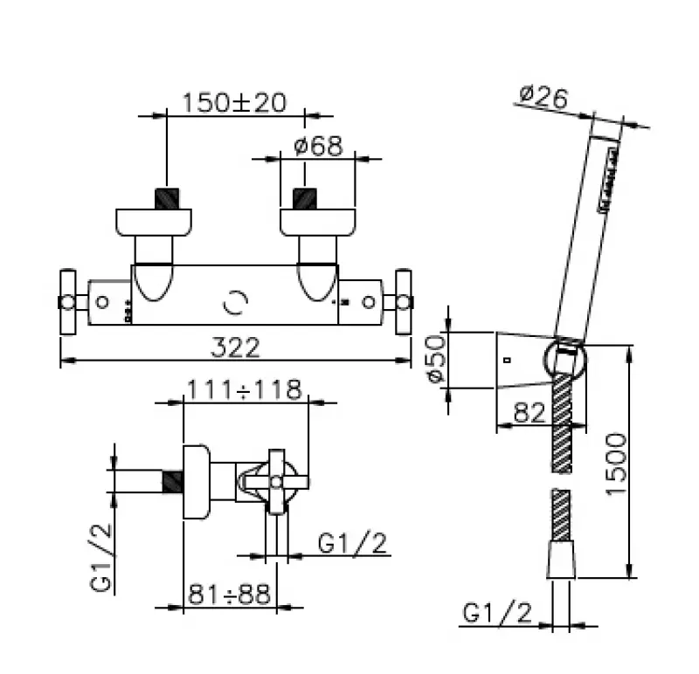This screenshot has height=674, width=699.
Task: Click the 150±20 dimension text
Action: [x=233, y=102]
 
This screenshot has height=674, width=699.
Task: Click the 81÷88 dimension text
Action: [x=229, y=595]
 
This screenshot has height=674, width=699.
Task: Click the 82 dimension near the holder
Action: [x=529, y=413]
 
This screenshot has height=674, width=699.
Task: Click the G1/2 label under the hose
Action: [x=496, y=614]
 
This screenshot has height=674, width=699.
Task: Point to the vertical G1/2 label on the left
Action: [x=102, y=557]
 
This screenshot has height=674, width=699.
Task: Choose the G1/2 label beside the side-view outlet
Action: [x=352, y=544]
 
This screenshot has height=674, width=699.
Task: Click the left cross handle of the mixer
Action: [x=67, y=302]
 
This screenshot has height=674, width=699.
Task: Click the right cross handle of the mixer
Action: [x=403, y=302]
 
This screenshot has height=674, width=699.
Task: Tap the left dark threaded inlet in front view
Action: [x=166, y=198]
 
